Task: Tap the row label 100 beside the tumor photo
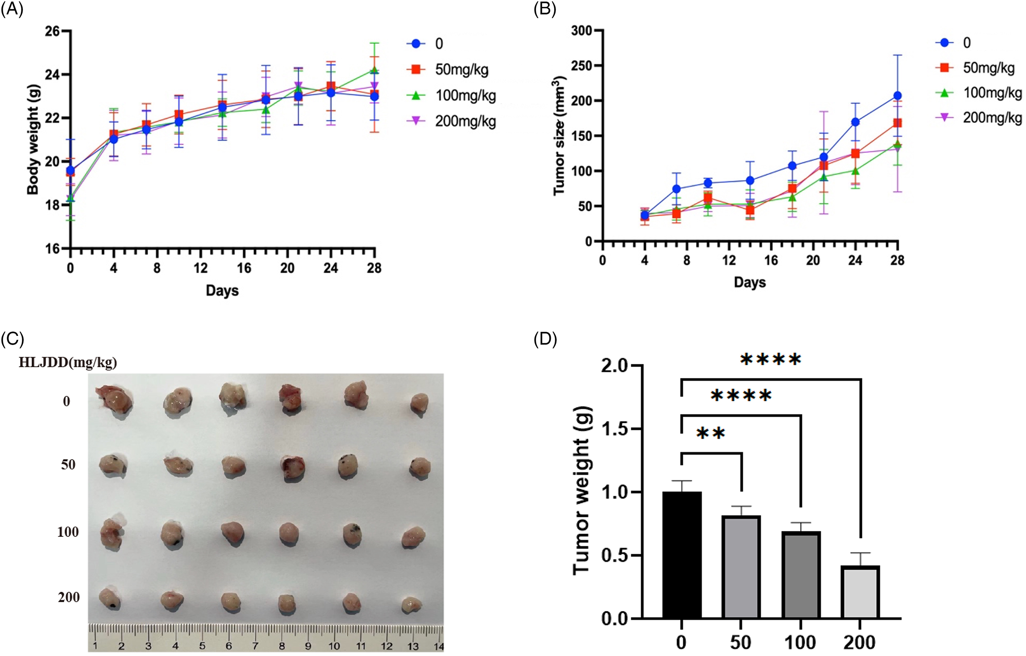point(68,532)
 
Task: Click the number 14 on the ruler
point(438,647)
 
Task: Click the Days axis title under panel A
point(222,291)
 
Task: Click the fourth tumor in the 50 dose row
point(292,468)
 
